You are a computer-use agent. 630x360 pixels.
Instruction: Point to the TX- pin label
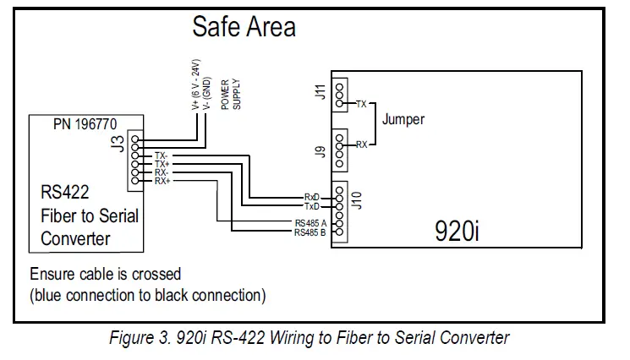coord(162,156)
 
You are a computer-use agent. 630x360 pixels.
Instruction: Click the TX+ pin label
coord(162,165)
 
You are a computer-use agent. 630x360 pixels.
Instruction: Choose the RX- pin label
coord(162,173)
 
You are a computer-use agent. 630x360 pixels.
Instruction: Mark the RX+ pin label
coord(162,182)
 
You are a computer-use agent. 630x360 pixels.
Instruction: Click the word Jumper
coord(403,119)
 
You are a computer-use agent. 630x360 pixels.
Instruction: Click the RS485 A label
coord(310,223)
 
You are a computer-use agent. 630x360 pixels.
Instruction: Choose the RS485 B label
coord(310,232)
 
